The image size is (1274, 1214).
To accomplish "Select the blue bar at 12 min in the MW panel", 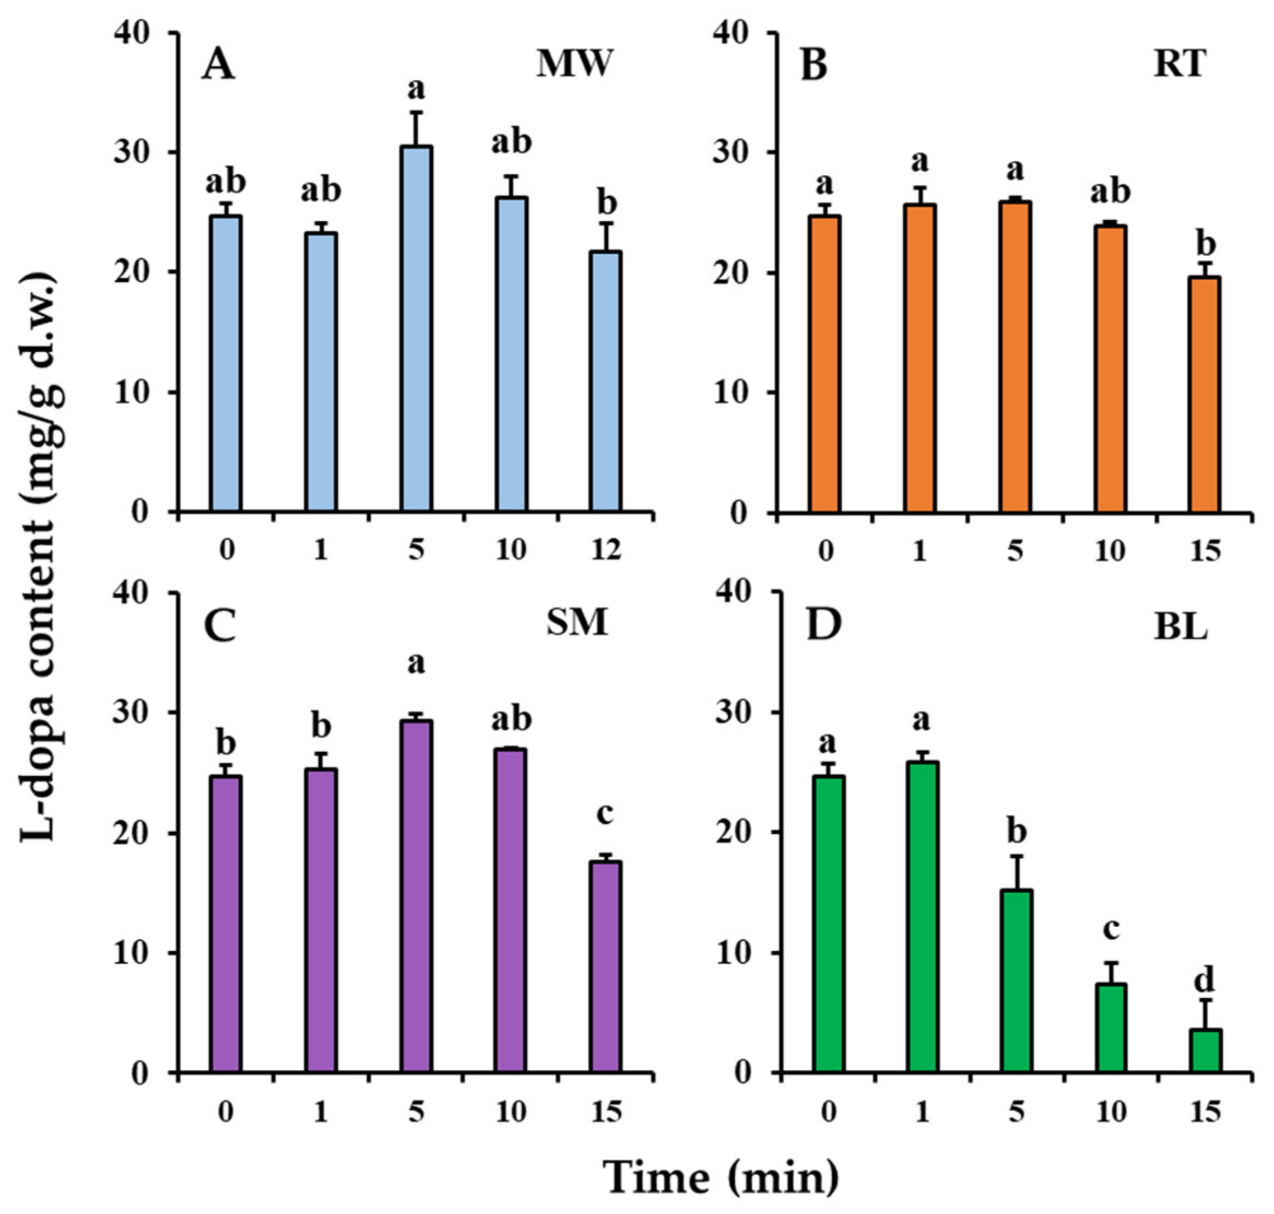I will coord(606,382).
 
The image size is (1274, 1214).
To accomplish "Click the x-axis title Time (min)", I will coord(722,1176).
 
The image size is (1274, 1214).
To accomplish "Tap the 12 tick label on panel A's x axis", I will coord(606,550).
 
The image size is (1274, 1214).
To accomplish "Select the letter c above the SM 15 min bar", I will coord(604,815).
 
